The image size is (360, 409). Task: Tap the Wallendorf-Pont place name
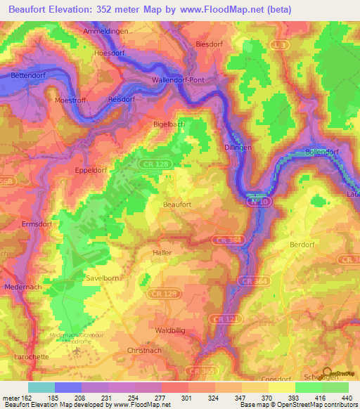(x=179, y=80)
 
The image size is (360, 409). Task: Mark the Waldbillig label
(x=169, y=330)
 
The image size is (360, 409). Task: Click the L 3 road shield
(x=280, y=44)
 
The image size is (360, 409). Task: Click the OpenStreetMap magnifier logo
(x=326, y=375)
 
